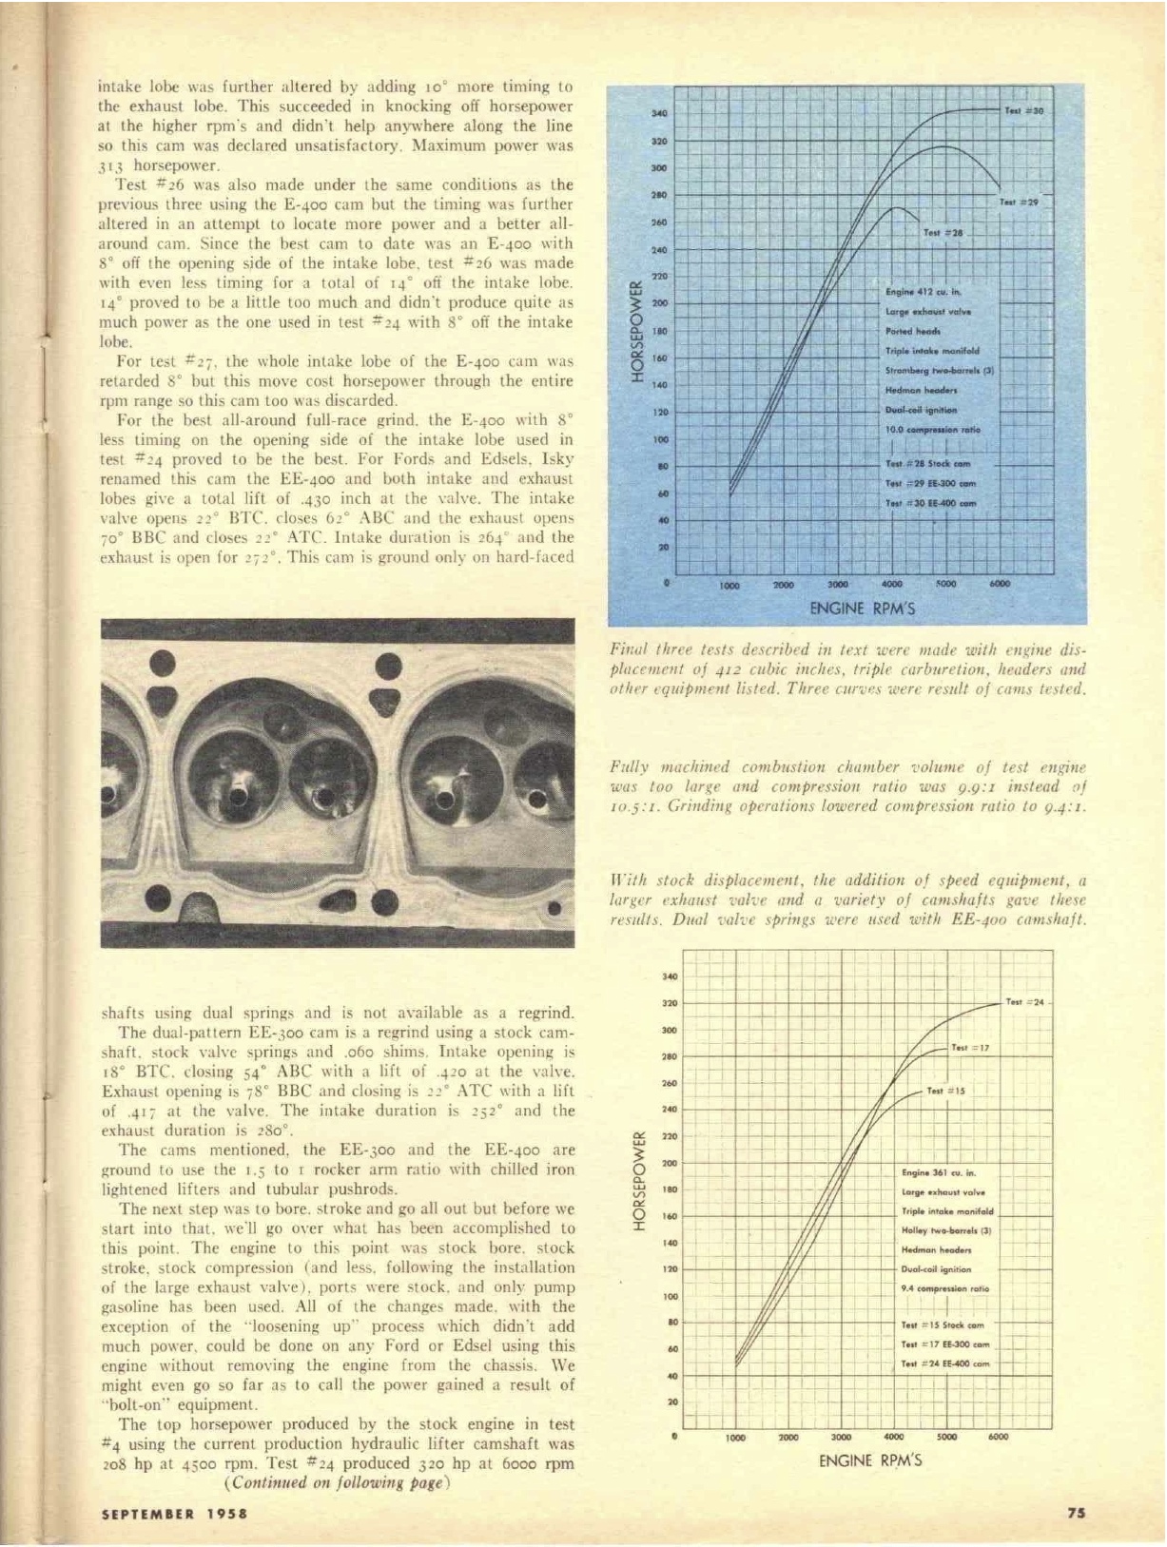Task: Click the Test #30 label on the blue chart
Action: pos(1024,111)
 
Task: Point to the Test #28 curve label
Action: pos(943,232)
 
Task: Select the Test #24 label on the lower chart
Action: pos(1024,1002)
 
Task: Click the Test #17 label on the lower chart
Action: pos(970,1048)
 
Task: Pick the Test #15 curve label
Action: pos(945,1091)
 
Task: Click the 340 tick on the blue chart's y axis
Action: pos(658,112)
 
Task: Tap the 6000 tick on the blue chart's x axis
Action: pos(999,584)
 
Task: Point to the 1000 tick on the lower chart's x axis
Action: pos(735,1438)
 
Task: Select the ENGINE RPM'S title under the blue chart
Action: pos(862,608)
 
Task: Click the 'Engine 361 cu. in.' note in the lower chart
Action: pos(938,1172)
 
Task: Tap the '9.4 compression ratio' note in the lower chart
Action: pos(944,1288)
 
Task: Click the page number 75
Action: pos(1076,1514)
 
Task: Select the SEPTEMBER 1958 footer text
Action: pos(174,1514)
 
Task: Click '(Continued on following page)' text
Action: pos(336,1482)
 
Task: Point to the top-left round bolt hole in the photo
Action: pos(163,663)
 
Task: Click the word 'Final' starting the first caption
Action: pos(629,651)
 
